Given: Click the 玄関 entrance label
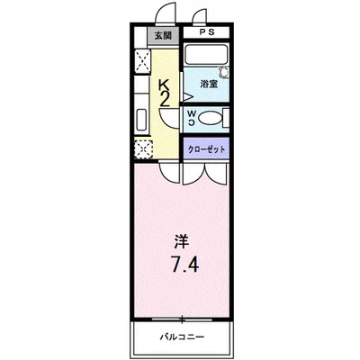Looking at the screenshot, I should pos(161,37).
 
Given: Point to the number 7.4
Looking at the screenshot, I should pos(181,265).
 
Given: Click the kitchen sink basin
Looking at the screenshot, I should pos(141,121).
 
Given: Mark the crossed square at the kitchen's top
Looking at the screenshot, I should pos(141,61).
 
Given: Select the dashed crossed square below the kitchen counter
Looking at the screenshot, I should pos(142,149).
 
